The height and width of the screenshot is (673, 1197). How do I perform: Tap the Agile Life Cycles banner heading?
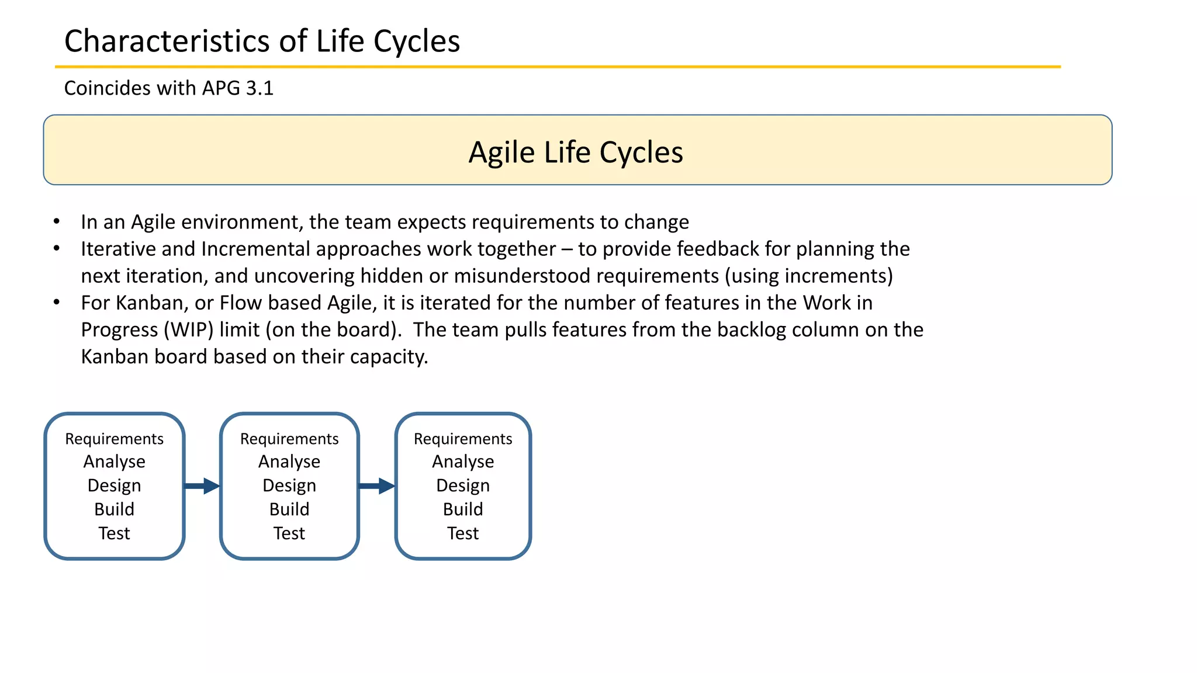pyautogui.click(x=576, y=152)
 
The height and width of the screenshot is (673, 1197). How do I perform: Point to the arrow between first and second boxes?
pyautogui.click(x=202, y=485)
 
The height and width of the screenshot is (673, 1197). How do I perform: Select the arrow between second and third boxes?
pyautogui.click(x=377, y=485)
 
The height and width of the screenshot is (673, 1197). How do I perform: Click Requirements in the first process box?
pyautogui.click(x=114, y=439)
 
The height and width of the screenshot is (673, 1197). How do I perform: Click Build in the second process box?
pyautogui.click(x=289, y=509)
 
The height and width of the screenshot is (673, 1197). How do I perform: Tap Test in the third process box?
pyautogui.click(x=463, y=533)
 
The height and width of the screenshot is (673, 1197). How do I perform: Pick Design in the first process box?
pyautogui.click(x=114, y=485)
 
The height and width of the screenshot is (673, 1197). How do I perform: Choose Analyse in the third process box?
pyautogui.click(x=463, y=462)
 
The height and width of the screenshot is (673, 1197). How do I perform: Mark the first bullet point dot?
pyautogui.click(x=57, y=222)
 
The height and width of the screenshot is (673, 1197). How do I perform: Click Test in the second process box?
pyautogui.click(x=289, y=533)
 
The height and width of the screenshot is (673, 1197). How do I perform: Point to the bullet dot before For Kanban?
pyautogui.click(x=57, y=303)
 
